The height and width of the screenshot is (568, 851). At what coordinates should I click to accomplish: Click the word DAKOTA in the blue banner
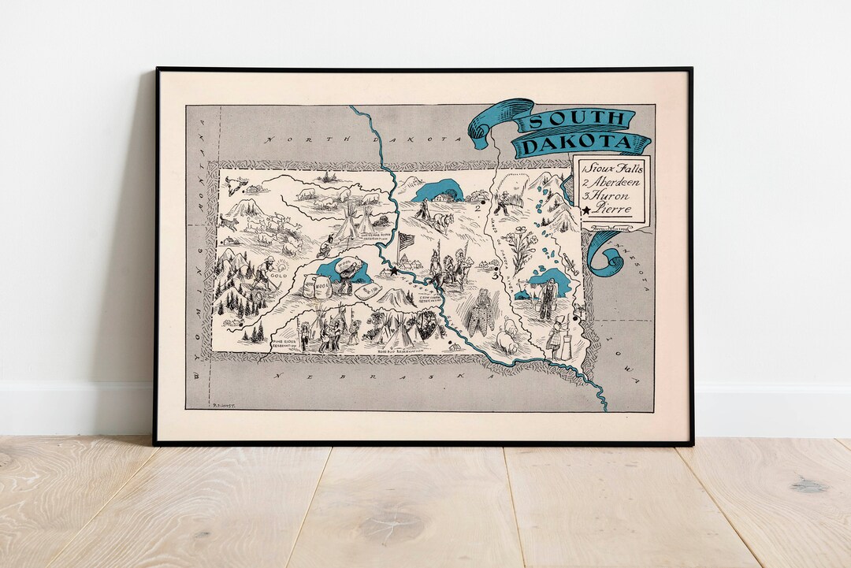click(582, 143)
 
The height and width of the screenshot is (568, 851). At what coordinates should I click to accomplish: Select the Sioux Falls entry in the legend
click(613, 169)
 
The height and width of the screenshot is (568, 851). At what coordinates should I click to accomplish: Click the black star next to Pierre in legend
click(586, 210)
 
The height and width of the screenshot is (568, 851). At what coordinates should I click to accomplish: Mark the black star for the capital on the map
click(394, 270)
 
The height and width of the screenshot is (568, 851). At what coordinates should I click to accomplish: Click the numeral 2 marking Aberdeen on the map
click(478, 207)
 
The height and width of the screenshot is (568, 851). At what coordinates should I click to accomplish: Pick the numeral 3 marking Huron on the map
click(494, 277)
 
